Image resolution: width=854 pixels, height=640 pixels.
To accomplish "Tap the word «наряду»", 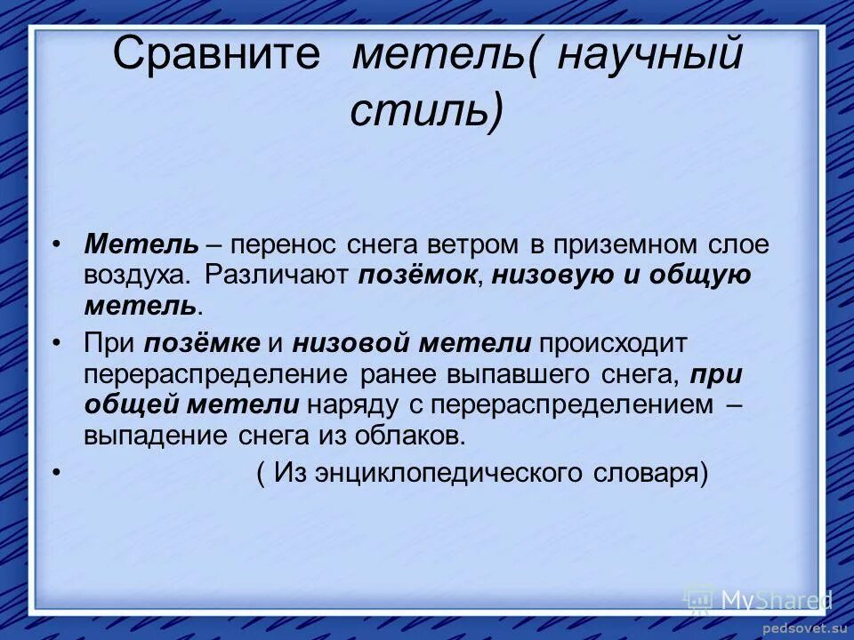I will (348, 404).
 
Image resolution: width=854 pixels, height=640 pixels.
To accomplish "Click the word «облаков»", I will (408, 436).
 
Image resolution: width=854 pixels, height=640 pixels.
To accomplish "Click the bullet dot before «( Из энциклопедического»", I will (58, 472).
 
